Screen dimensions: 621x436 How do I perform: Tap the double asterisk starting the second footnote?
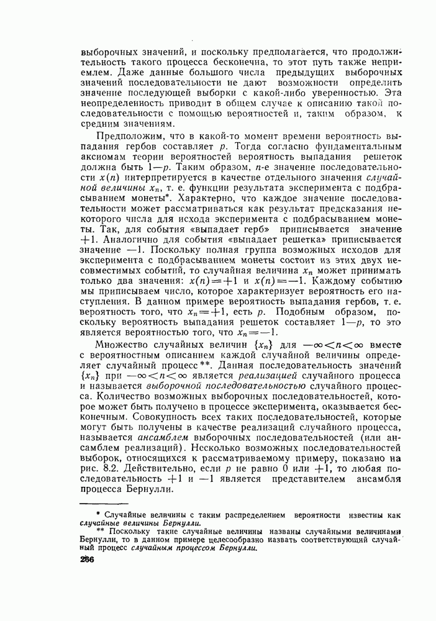[100, 530]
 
